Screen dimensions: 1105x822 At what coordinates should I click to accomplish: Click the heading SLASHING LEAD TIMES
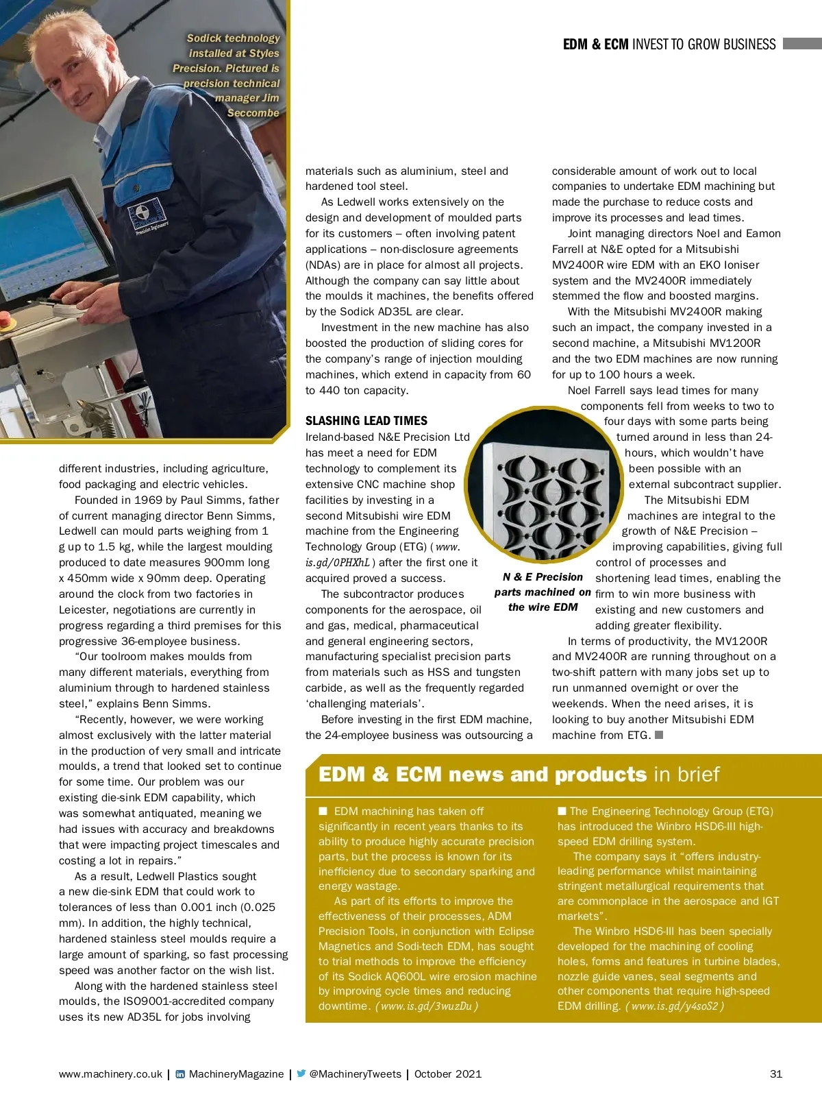pos(366,421)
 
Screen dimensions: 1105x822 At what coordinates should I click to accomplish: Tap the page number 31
pos(775,1074)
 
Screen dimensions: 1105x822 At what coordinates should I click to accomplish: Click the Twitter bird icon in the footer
pos(301,1073)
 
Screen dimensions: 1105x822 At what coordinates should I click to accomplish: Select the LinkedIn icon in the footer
pos(180,1074)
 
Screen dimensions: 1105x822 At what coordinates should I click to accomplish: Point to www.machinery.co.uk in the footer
pos(110,1074)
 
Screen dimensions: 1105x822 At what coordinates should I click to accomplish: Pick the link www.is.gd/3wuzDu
pos(426,1006)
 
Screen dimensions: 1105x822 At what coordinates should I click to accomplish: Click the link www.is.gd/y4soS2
pos(675,1006)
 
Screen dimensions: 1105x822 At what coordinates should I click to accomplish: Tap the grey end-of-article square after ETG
pos(659,735)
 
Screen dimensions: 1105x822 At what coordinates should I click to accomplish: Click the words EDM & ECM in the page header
pos(595,45)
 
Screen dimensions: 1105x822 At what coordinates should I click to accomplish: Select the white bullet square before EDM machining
pos(323,811)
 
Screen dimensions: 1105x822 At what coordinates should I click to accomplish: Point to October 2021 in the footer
pos(447,1074)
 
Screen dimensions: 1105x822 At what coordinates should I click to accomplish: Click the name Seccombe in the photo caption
pos(253,113)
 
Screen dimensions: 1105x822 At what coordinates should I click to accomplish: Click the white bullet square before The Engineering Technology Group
pos(562,811)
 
